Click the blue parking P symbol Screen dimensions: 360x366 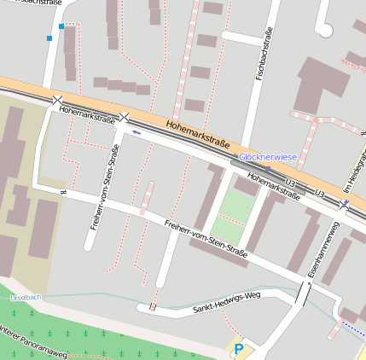239,349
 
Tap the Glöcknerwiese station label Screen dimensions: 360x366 267,157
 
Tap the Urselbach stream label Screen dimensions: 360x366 25,297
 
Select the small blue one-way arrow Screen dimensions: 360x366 136,132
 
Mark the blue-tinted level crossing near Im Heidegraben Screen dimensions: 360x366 344,205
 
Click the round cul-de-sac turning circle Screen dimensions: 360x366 323,30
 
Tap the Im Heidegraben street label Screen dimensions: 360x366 352,175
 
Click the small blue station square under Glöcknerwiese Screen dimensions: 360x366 267,168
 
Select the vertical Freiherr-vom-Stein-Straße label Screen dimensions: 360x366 103,187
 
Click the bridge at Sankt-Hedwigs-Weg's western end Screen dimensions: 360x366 153,306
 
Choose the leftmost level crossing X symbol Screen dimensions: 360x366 57,101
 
